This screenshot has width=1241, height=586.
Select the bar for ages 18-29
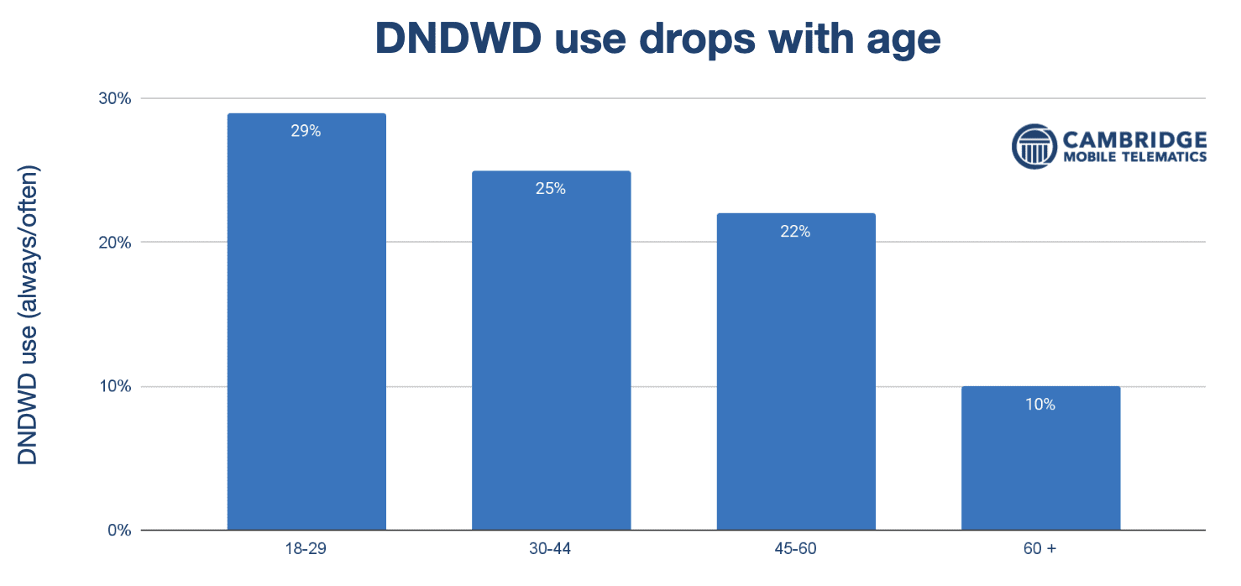[306, 336]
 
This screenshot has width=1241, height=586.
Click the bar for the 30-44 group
[551, 361]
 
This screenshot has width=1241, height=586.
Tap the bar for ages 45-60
[795, 378]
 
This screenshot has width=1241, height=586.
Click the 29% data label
[306, 131]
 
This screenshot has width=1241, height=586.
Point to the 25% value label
[551, 189]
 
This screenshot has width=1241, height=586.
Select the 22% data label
[795, 232]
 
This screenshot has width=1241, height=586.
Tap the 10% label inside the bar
[1040, 405]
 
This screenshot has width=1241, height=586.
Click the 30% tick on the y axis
[116, 98]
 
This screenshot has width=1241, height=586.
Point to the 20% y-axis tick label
[116, 243]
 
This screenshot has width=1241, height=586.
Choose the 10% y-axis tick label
[116, 387]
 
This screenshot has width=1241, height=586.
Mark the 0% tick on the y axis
[120, 531]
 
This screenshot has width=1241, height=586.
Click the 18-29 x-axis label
[306, 550]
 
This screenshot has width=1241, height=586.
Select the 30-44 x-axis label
[551, 550]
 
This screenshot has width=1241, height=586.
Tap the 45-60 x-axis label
[795, 550]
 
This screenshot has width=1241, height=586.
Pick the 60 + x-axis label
[1040, 550]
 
